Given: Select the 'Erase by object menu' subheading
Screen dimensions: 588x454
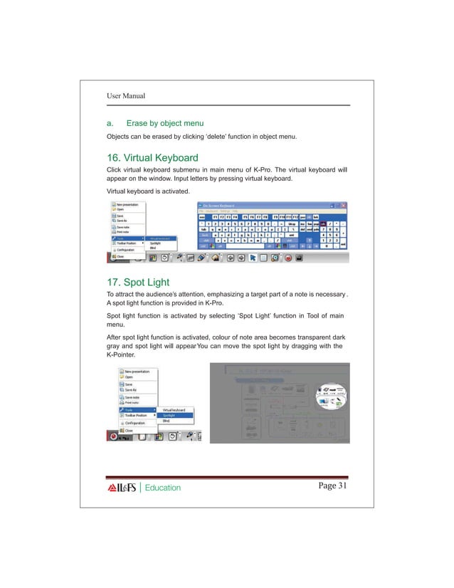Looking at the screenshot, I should [165, 123].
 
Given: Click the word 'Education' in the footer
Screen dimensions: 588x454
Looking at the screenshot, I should [163, 488].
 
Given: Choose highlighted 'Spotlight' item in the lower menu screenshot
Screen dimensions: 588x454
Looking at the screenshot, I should [171, 415].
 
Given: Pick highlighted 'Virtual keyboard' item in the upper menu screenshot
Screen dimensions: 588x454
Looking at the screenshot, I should [163, 238].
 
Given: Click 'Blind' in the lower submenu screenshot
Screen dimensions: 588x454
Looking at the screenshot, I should [167, 421].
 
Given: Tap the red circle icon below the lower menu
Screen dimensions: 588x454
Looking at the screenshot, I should [112, 436].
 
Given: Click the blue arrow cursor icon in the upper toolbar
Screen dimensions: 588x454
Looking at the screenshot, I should [253, 258].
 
